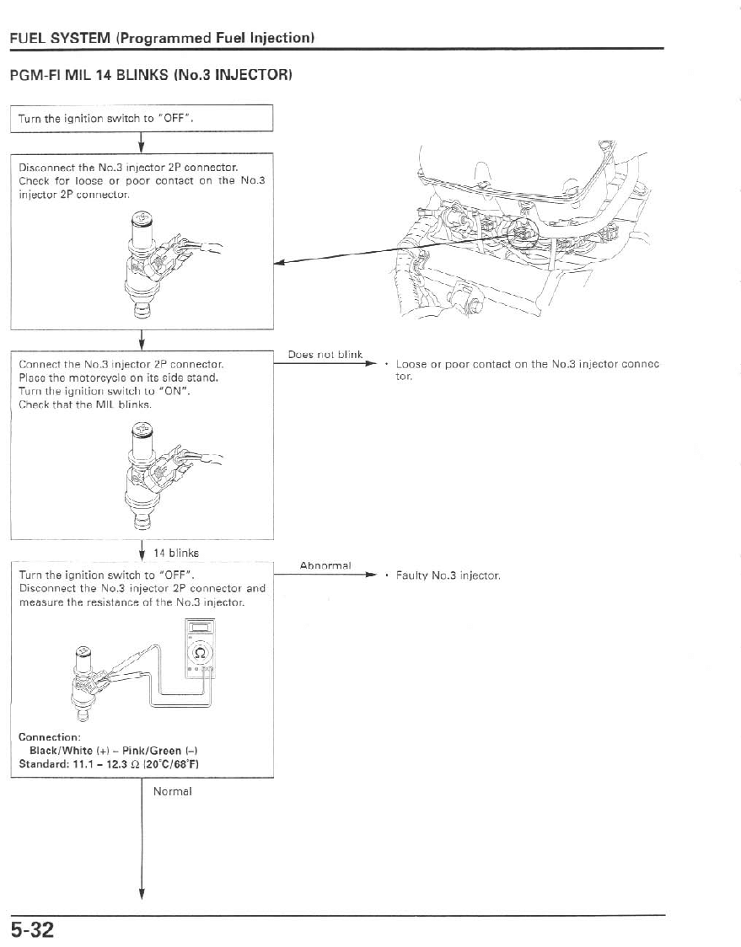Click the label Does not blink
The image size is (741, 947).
click(325, 355)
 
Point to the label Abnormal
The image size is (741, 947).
click(325, 565)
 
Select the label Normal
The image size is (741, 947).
click(173, 791)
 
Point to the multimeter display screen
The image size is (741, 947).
click(201, 628)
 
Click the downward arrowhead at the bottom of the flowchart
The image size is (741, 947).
click(142, 895)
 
